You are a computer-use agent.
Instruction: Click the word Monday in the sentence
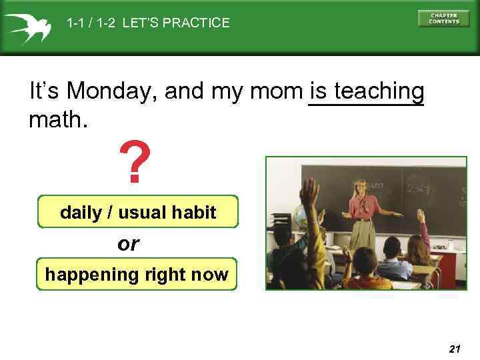click(x=111, y=91)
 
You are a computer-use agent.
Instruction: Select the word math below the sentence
click(x=58, y=121)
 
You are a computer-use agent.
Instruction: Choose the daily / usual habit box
click(x=138, y=212)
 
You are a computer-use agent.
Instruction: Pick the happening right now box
click(x=137, y=274)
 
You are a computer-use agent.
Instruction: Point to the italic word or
click(x=128, y=244)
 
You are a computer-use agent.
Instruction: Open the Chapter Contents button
click(x=443, y=19)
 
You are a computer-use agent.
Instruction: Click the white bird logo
click(x=28, y=25)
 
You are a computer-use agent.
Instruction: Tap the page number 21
click(x=455, y=349)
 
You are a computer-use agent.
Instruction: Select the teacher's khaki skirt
click(x=363, y=233)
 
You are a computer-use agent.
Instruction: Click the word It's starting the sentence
click(x=46, y=91)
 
